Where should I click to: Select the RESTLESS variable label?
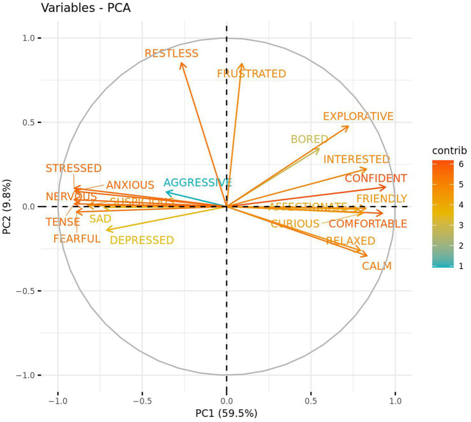point(171,54)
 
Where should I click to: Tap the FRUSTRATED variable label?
point(251,74)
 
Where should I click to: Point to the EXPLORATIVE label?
point(358,116)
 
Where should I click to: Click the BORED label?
point(309,139)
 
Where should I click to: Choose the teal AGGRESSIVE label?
point(198,183)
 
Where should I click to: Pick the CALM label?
point(377,266)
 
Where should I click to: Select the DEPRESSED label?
point(142,240)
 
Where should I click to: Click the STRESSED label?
point(73,168)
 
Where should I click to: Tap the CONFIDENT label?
point(376,178)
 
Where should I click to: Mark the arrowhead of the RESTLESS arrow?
point(181,62)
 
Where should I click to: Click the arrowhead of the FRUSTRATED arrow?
point(242,63)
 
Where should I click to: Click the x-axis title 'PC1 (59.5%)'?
point(226,413)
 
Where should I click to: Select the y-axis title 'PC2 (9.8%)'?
point(8,207)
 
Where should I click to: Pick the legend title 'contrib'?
point(449,151)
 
